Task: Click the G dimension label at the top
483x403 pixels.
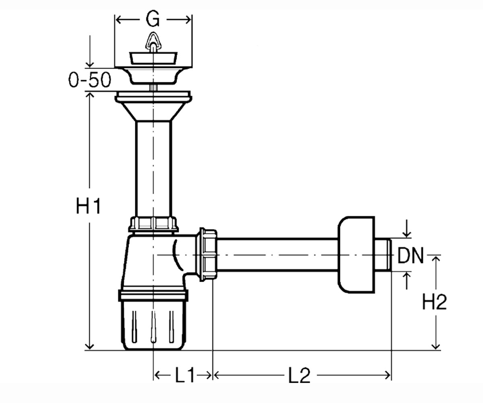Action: pyautogui.click(x=153, y=19)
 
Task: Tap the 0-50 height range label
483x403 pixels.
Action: pyautogui.click(x=90, y=80)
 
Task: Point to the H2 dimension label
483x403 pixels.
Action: pyautogui.click(x=434, y=302)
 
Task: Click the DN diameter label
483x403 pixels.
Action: pyautogui.click(x=411, y=256)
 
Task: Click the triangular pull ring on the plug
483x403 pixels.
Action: pyautogui.click(x=153, y=42)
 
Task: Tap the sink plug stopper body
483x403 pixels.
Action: pyautogui.click(x=153, y=58)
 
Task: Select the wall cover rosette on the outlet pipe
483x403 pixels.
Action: pyautogui.click(x=356, y=255)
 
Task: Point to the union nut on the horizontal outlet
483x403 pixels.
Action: pyautogui.click(x=208, y=255)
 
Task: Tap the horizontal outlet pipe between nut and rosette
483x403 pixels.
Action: pyautogui.click(x=277, y=255)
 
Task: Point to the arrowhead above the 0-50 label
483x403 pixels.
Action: pyautogui.click(x=90, y=65)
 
